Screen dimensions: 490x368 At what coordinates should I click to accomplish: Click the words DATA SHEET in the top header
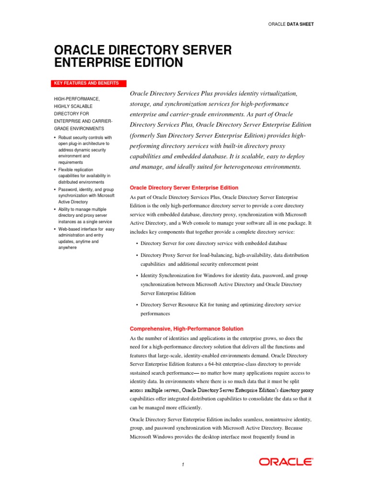(x=300, y=24)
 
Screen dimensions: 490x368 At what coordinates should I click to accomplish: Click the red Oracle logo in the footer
(x=287, y=461)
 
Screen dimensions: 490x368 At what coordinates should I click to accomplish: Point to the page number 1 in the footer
(x=183, y=464)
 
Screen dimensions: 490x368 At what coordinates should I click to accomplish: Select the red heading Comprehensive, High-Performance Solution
(x=186, y=329)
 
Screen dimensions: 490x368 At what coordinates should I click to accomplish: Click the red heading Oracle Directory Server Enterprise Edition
(x=184, y=188)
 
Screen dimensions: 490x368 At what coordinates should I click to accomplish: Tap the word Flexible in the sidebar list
(x=66, y=170)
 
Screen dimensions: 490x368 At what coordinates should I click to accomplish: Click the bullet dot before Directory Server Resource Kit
(x=137, y=305)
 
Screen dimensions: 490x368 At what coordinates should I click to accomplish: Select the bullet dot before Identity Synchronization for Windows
(x=137, y=276)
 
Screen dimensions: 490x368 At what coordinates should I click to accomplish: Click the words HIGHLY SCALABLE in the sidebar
(x=73, y=106)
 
